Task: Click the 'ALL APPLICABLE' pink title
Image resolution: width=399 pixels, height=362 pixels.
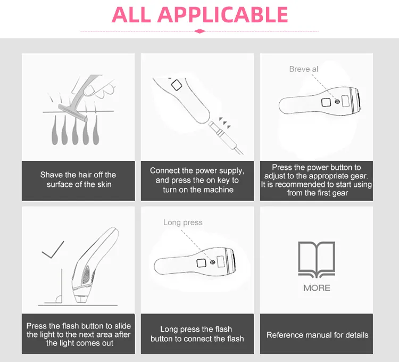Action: click(199, 14)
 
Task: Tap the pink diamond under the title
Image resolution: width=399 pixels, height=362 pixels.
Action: click(199, 31)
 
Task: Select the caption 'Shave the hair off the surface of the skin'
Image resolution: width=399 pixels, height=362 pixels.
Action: click(78, 179)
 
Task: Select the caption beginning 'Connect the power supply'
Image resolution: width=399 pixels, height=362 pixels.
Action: click(197, 180)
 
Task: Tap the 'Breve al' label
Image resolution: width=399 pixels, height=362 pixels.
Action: click(304, 69)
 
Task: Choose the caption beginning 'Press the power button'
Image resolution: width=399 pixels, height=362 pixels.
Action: click(317, 180)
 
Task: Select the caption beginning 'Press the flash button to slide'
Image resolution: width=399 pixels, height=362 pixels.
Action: click(78, 334)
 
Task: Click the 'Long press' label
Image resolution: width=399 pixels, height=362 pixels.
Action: click(182, 223)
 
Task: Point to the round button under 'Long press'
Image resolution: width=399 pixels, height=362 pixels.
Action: click(213, 261)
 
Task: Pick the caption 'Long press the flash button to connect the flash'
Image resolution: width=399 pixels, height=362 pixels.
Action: click(197, 334)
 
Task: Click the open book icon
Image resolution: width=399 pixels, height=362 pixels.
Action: click(317, 259)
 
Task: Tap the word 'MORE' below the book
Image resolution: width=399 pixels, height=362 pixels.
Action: click(317, 287)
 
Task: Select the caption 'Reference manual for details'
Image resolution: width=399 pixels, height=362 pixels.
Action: click(317, 335)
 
